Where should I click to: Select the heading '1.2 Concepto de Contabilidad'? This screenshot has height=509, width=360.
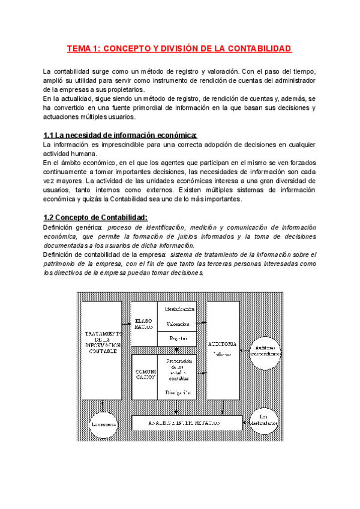point(95,217)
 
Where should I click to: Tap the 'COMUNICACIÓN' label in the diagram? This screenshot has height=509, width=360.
point(145,375)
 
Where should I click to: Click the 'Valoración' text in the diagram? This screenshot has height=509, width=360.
point(179,324)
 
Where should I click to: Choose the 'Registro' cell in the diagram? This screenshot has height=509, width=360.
point(179,339)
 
